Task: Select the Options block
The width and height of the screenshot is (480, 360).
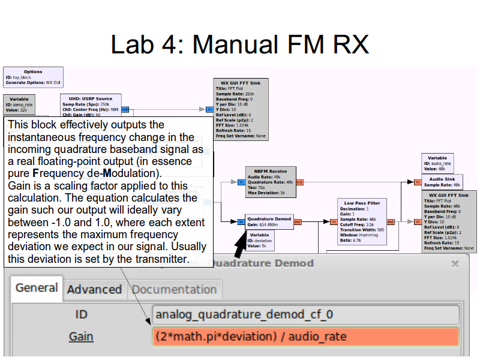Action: click(x=33, y=77)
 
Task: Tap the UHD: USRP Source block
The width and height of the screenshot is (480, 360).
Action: click(x=91, y=106)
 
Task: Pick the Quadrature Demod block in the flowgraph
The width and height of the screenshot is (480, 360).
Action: click(x=269, y=220)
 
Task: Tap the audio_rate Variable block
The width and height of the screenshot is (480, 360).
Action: click(x=437, y=163)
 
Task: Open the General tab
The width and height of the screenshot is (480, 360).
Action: click(x=37, y=288)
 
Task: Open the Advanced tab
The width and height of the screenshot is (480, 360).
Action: click(x=94, y=289)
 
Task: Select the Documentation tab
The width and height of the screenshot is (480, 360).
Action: click(x=174, y=289)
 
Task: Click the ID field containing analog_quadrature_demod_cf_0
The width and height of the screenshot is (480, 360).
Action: click(x=306, y=314)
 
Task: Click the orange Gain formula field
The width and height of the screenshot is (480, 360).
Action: click(x=306, y=336)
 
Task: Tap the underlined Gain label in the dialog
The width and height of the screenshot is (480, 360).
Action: click(x=81, y=336)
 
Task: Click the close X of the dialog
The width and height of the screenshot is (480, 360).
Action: click(x=455, y=263)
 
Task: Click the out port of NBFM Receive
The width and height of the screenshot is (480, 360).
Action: click(x=299, y=182)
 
